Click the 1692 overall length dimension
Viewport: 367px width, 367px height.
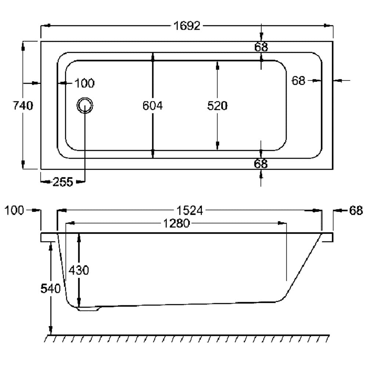click(187, 26)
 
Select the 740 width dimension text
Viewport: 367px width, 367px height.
click(23, 106)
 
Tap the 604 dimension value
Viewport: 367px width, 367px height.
click(152, 106)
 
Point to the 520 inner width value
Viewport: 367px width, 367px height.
click(217, 106)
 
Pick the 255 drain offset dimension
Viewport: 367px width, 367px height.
click(63, 181)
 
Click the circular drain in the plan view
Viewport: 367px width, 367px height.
click(85, 106)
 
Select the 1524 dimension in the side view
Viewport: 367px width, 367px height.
click(189, 211)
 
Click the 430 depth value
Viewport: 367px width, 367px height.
click(79, 270)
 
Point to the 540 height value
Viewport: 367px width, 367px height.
click(50, 288)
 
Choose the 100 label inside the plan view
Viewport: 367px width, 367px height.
click(84, 83)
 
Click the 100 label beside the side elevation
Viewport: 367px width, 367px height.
click(14, 211)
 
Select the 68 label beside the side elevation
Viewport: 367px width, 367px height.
click(356, 211)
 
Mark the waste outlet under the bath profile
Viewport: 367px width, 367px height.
click(88, 309)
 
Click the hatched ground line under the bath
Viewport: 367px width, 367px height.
click(187, 338)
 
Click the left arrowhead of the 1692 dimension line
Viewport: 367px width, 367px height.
click(45, 26)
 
